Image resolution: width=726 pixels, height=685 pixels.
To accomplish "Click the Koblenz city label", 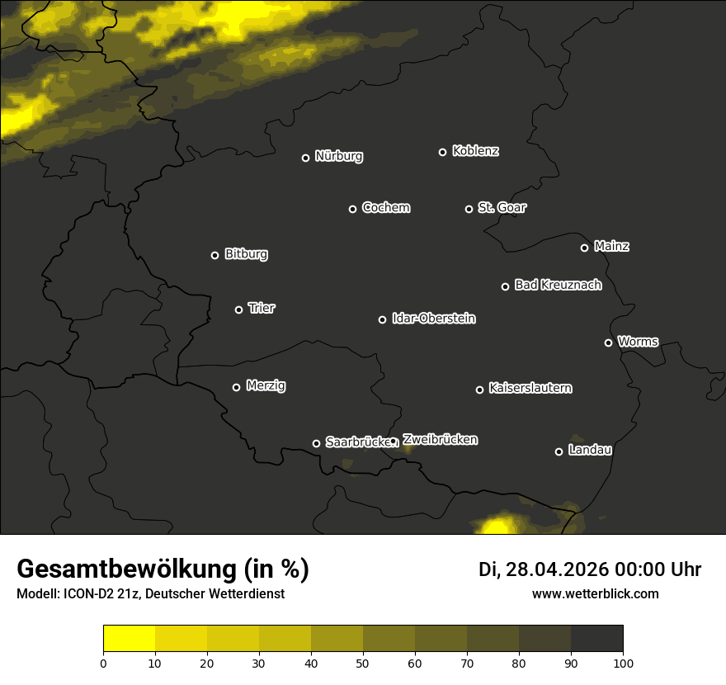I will pyautogui.click(x=475, y=151).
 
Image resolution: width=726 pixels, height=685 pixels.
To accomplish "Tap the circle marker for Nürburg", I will pyautogui.click(x=305, y=158).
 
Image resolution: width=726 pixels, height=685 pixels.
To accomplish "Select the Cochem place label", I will pyautogui.click(x=385, y=207).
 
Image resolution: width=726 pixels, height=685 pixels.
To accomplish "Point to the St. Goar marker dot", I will pyautogui.click(x=469, y=210).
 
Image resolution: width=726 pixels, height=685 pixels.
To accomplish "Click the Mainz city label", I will pyautogui.click(x=611, y=246).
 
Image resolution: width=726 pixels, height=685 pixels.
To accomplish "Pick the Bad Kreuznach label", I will pyautogui.click(x=558, y=285).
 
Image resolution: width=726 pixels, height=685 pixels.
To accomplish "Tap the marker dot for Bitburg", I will pyautogui.click(x=214, y=256).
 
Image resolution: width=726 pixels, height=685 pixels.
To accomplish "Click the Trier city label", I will pyautogui.click(x=262, y=308).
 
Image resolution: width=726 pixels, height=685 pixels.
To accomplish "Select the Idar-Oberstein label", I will pyautogui.click(x=433, y=318).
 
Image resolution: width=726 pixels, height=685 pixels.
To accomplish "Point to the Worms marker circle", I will pyautogui.click(x=608, y=342).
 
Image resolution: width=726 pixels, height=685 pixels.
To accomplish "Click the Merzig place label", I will pyautogui.click(x=266, y=385).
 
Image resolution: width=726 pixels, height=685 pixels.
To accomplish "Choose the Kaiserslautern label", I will pyautogui.click(x=530, y=388).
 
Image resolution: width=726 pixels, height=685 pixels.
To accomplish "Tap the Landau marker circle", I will pyautogui.click(x=559, y=451).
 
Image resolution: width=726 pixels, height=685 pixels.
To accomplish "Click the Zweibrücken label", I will pyautogui.click(x=440, y=439).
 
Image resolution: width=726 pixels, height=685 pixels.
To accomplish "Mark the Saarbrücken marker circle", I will pyautogui.click(x=316, y=443).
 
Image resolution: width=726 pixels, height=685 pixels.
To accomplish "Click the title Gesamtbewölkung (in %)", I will pyautogui.click(x=163, y=569).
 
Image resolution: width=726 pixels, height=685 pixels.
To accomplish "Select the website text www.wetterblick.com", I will pyautogui.click(x=595, y=593).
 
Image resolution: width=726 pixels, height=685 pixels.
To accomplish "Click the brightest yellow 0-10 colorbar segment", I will pyautogui.click(x=129, y=639).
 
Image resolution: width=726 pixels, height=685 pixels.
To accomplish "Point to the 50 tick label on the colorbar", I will pyautogui.click(x=363, y=662).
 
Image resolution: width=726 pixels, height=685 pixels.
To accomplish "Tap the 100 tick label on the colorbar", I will pyautogui.click(x=623, y=662).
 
